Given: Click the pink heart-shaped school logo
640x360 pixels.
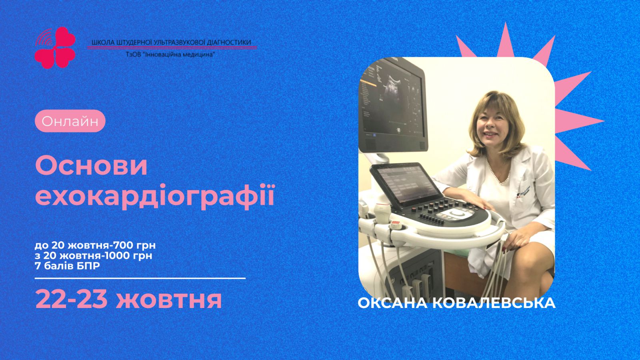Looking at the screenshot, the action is [x=55, y=48].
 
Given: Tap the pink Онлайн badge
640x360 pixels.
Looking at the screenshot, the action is [x=70, y=121].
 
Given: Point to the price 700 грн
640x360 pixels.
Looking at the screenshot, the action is [x=134, y=245].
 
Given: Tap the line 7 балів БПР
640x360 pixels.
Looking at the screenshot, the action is [x=67, y=266].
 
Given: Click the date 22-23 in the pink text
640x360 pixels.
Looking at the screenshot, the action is [x=72, y=300].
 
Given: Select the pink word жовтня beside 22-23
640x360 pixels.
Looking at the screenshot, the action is [x=168, y=300].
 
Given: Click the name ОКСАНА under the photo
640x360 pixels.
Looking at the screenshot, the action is [x=393, y=303].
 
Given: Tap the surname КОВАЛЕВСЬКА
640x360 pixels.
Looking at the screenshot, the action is [x=494, y=303].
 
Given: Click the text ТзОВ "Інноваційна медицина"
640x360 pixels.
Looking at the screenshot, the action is [x=170, y=54].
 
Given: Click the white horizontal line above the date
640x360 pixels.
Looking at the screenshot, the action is [x=140, y=278].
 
